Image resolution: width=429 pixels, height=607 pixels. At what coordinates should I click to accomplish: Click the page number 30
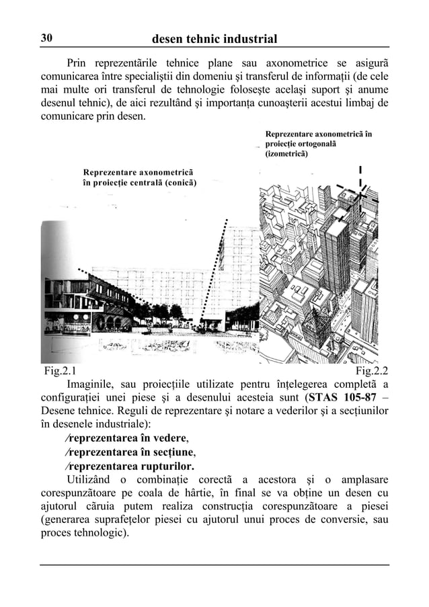click(x=47, y=39)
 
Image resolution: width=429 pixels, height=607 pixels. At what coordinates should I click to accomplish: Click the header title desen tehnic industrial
click(x=214, y=39)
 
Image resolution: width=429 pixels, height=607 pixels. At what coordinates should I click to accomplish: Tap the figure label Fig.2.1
click(x=59, y=370)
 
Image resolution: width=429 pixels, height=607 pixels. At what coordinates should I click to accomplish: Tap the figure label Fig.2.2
click(x=371, y=370)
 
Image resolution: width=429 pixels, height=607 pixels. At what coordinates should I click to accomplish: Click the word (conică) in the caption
click(x=178, y=182)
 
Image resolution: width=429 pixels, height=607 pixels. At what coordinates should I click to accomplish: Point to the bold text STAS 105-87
click(x=344, y=397)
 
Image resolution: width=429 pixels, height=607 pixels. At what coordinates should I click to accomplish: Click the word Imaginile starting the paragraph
click(x=95, y=384)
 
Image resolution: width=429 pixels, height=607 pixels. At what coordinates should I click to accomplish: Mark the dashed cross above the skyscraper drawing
click(x=360, y=192)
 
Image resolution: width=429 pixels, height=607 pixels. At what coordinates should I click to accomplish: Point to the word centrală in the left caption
click(x=143, y=182)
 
